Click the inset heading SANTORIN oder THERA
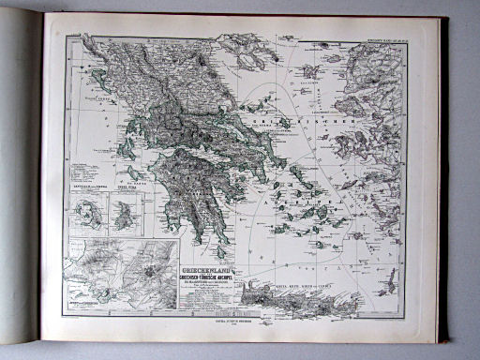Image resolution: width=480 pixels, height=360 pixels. click(x=91, y=191)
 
